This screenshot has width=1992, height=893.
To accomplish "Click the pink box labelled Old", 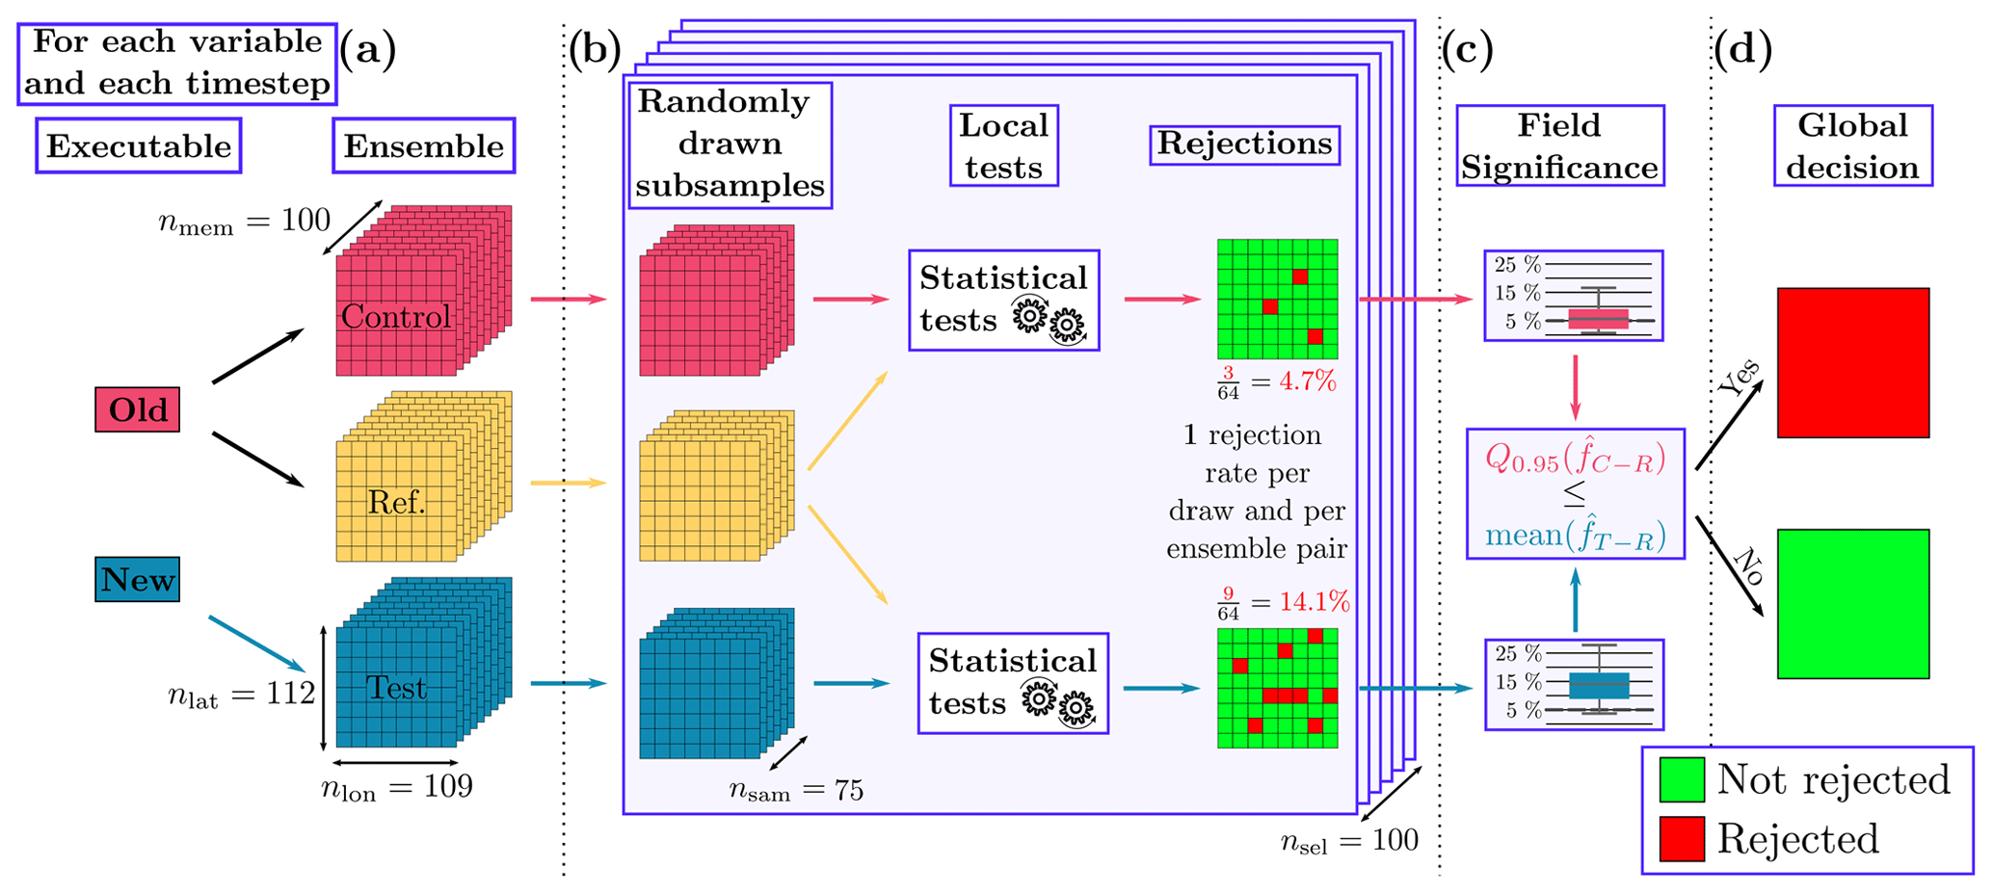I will coord(137,409).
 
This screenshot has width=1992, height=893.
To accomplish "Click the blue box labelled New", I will coord(137,579).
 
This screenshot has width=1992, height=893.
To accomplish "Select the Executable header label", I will coord(139,146).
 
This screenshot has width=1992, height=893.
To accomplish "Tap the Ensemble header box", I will coord(423,146).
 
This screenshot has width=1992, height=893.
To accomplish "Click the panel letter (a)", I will coord(367,50).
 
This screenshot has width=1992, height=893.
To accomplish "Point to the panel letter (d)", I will coord(1742,50).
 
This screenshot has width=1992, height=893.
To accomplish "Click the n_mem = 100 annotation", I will coord(244,223).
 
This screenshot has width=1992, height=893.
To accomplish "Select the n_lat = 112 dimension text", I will coord(241,694).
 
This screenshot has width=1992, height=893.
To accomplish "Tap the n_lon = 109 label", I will coord(396,788).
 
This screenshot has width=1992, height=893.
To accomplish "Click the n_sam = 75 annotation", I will coord(796,792).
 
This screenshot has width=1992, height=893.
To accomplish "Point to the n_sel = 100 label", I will coord(1349,842).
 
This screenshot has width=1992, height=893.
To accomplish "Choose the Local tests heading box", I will coord(1003,146).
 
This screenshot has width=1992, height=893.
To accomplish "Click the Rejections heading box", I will coord(1244,144).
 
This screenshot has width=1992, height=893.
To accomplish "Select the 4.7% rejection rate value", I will coord(1308,381).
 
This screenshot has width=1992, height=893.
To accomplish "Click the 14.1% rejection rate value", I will coord(1315,603).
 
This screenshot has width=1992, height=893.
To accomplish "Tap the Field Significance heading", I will coord(1559,146).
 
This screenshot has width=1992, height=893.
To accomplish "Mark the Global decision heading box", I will coord(1852,146).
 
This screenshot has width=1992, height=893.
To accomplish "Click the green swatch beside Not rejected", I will coord(1682,779).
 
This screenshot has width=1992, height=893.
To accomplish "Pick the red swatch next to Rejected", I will coord(1682,838).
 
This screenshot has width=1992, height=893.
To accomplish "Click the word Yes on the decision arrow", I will coord(1739,378).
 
